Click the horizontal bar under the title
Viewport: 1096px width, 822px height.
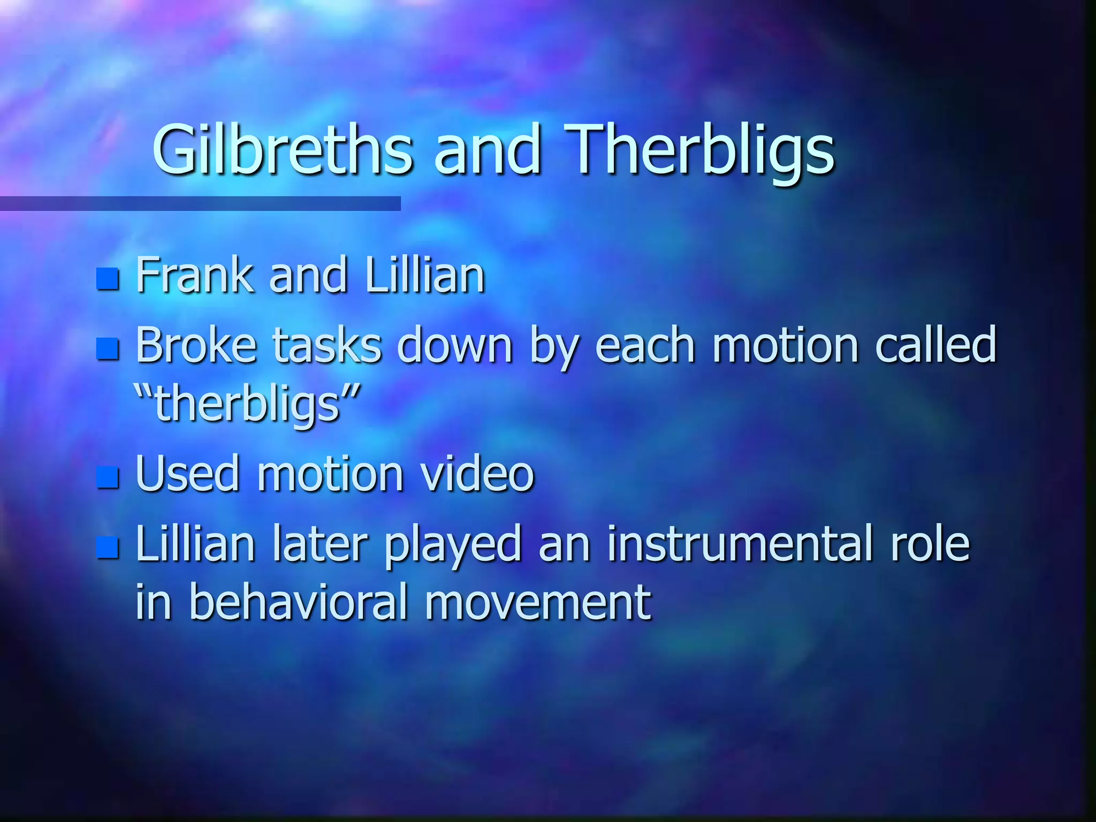click(200, 203)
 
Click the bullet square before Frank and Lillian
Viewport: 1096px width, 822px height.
click(108, 279)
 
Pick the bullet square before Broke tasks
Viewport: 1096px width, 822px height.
click(108, 349)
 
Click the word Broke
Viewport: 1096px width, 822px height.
click(196, 345)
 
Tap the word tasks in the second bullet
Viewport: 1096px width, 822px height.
click(327, 345)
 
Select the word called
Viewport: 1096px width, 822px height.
click(935, 345)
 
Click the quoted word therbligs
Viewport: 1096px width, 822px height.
click(247, 405)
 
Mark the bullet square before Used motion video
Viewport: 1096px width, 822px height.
click(108, 477)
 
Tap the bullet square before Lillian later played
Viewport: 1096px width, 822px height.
click(108, 547)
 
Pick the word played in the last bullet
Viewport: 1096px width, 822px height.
click(453, 546)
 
